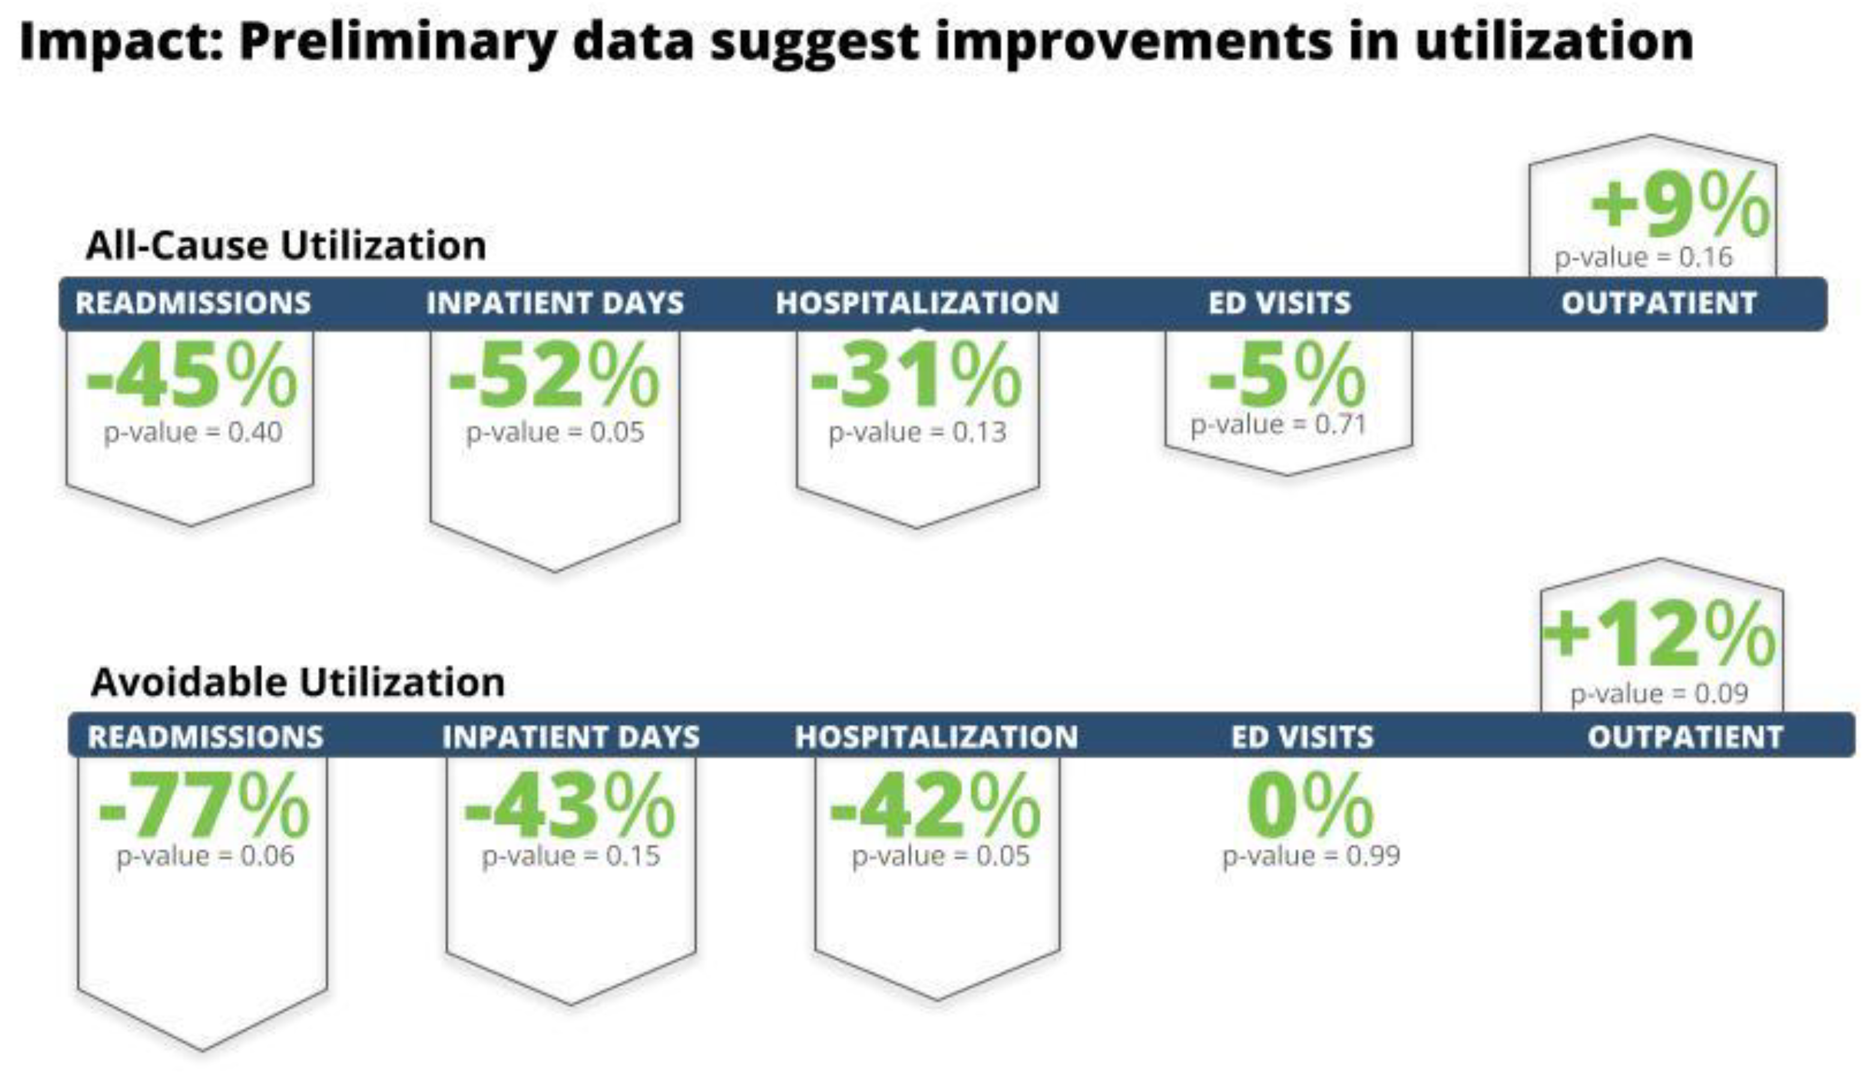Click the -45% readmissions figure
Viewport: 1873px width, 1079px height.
coord(192,375)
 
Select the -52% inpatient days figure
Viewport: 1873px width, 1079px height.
coord(554,375)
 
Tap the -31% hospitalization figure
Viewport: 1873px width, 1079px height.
coord(917,375)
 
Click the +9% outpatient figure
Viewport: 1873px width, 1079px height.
coord(1680,204)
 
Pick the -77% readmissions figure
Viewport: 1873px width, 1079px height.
coord(204,805)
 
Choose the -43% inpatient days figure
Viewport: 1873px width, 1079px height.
coord(570,805)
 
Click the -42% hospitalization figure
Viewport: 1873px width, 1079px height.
coord(936,805)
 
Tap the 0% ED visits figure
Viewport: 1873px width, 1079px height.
coord(1310,805)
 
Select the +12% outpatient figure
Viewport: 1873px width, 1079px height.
coord(1659,633)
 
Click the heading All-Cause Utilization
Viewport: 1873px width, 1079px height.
coord(286,246)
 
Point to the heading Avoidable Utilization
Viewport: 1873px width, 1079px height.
coord(298,682)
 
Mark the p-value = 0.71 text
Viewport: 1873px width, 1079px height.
coord(1278,425)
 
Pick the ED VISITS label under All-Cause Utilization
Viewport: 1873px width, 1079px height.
coord(1279,303)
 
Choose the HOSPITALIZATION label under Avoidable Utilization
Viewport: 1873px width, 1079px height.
coord(936,737)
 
